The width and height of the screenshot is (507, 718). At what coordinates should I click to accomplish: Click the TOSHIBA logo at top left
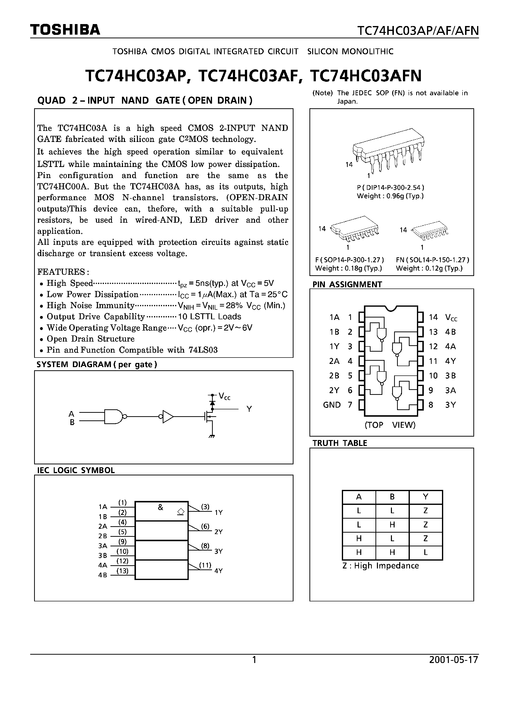coord(65,30)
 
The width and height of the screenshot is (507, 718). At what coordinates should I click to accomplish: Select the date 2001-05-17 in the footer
coord(454,660)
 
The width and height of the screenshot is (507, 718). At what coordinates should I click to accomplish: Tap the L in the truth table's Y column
coord(426,552)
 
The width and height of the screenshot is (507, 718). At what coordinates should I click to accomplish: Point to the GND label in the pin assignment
coord(332,405)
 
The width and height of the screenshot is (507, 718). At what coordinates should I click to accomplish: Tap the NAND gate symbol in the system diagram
coord(114,416)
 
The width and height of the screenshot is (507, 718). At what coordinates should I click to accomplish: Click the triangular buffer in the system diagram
coord(168,416)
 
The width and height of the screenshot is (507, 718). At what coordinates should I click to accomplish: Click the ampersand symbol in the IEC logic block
coord(160,507)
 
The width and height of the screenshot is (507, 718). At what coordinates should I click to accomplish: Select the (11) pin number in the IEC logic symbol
coord(205,565)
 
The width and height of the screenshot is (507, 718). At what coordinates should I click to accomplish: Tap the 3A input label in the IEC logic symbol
coord(103,546)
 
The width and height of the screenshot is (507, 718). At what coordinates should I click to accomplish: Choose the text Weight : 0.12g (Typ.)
coord(429,268)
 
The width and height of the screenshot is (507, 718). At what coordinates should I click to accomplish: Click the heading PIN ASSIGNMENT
coord(347,284)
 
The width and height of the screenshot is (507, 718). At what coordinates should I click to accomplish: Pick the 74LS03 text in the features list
coord(203,350)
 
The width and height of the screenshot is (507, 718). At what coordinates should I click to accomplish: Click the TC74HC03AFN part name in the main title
coord(366,76)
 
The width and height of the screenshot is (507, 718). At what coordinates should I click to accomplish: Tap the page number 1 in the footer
coord(254,660)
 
